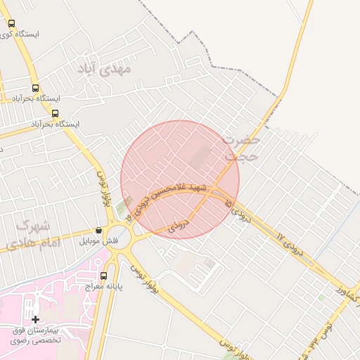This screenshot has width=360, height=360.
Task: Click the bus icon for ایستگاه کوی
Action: (x=11, y=23)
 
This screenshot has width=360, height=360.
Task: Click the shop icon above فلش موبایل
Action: (x=98, y=231)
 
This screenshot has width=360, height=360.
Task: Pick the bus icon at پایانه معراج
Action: (x=104, y=276)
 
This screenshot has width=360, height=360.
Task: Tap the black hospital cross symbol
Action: (x=35, y=319)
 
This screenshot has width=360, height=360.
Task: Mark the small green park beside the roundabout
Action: (x=124, y=207)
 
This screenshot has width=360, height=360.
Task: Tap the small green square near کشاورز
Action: (x=321, y=298)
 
